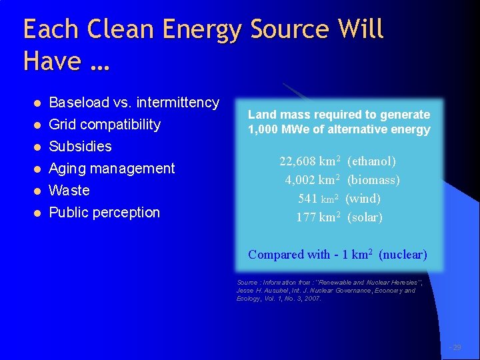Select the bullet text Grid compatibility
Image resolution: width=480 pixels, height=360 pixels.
click(105, 124)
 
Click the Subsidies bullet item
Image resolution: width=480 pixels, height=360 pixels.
click(80, 146)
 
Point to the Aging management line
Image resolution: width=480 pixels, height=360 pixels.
click(111, 168)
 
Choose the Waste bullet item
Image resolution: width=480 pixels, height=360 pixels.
click(69, 190)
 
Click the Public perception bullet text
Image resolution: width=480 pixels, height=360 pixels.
click(105, 212)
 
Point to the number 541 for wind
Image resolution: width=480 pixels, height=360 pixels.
click(307, 199)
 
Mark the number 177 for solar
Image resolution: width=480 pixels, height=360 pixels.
click(306, 217)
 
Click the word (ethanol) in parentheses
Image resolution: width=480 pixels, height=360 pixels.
click(371, 161)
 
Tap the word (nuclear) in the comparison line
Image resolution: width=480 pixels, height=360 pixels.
click(403, 254)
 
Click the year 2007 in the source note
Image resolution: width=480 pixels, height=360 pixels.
click(311, 299)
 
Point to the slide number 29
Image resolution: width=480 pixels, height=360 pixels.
click(456, 347)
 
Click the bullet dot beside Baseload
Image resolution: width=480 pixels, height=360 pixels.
click(38, 103)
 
